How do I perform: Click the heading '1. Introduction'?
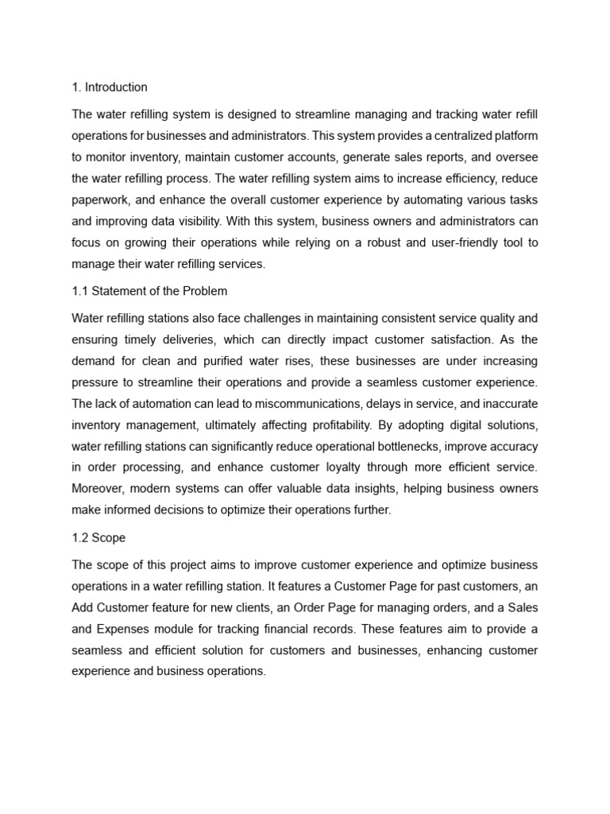tap(110, 87)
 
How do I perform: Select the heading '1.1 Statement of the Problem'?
tap(149, 291)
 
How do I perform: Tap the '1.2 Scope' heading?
tap(98, 537)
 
